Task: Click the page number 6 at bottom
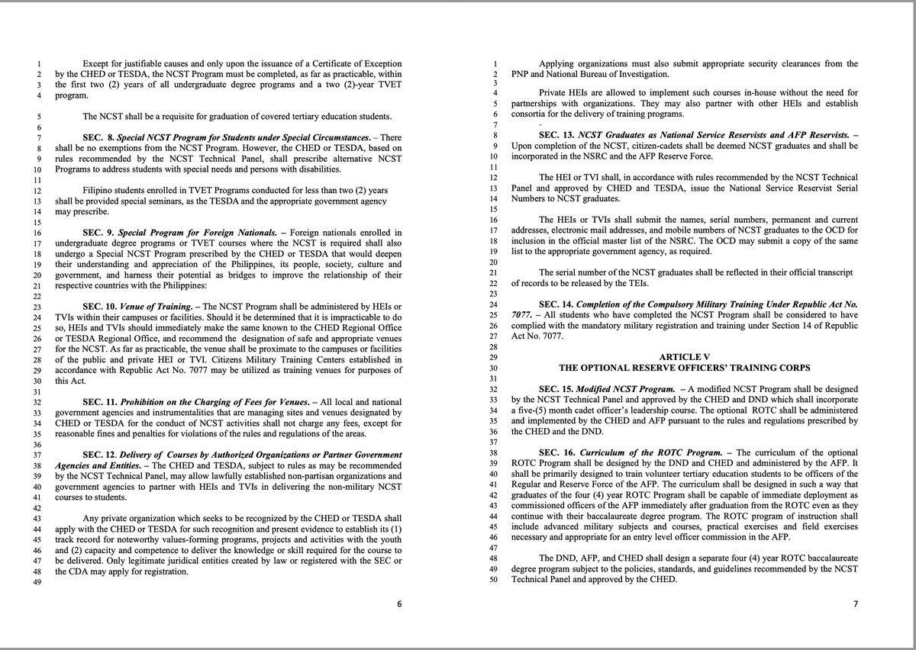(399, 605)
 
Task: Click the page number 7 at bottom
(856, 605)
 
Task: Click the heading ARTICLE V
(684, 357)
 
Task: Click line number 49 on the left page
(36, 582)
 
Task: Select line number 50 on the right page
(492, 580)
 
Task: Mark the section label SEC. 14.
(556, 304)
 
